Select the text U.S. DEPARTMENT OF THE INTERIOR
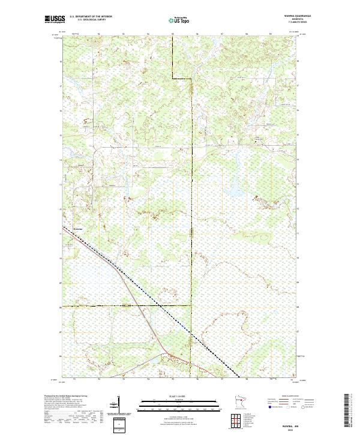[x=91, y=17]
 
